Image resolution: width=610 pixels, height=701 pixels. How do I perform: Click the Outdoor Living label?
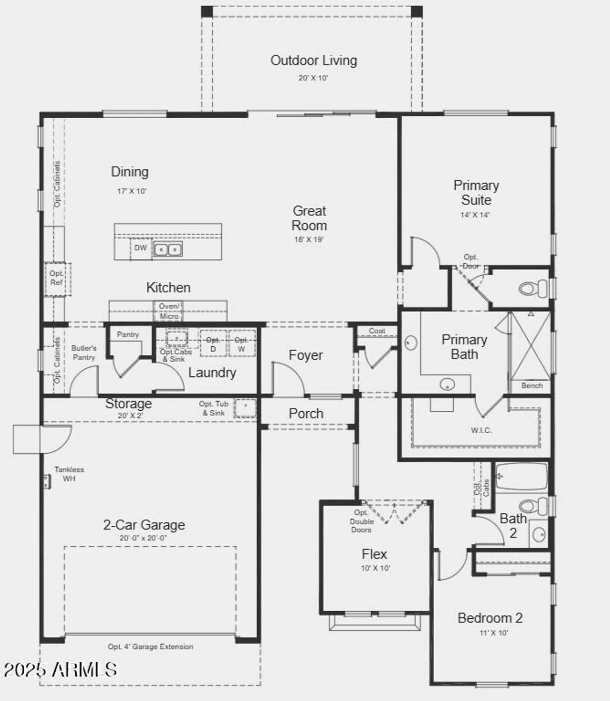(314, 61)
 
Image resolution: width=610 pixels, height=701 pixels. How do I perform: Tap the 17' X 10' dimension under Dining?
(132, 191)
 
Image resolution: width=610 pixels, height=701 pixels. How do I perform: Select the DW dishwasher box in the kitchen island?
(140, 248)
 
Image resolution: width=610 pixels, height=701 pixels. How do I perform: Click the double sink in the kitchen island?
(168, 250)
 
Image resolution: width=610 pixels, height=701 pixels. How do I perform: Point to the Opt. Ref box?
(57, 279)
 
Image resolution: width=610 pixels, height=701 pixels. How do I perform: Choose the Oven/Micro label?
(169, 311)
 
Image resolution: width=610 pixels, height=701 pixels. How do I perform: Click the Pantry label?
(128, 335)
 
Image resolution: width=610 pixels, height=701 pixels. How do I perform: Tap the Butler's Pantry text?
(84, 353)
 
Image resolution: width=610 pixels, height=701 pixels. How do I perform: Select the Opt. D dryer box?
(213, 344)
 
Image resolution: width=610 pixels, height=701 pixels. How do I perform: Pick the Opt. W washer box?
(241, 344)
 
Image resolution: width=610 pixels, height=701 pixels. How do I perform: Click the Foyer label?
(305, 356)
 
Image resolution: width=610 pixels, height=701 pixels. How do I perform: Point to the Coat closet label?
(377, 331)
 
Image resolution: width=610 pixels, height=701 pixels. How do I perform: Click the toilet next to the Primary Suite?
(533, 288)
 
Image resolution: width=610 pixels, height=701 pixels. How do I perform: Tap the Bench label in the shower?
(532, 386)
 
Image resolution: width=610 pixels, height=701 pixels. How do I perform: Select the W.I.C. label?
(481, 430)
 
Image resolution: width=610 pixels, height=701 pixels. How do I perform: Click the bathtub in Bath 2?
(521, 476)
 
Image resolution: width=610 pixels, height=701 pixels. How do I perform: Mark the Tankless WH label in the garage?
(69, 474)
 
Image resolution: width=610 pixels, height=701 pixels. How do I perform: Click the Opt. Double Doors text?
(361, 522)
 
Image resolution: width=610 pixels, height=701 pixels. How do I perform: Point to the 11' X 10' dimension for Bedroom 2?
(494, 633)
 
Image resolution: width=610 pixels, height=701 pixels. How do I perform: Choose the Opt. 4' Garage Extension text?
(150, 647)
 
